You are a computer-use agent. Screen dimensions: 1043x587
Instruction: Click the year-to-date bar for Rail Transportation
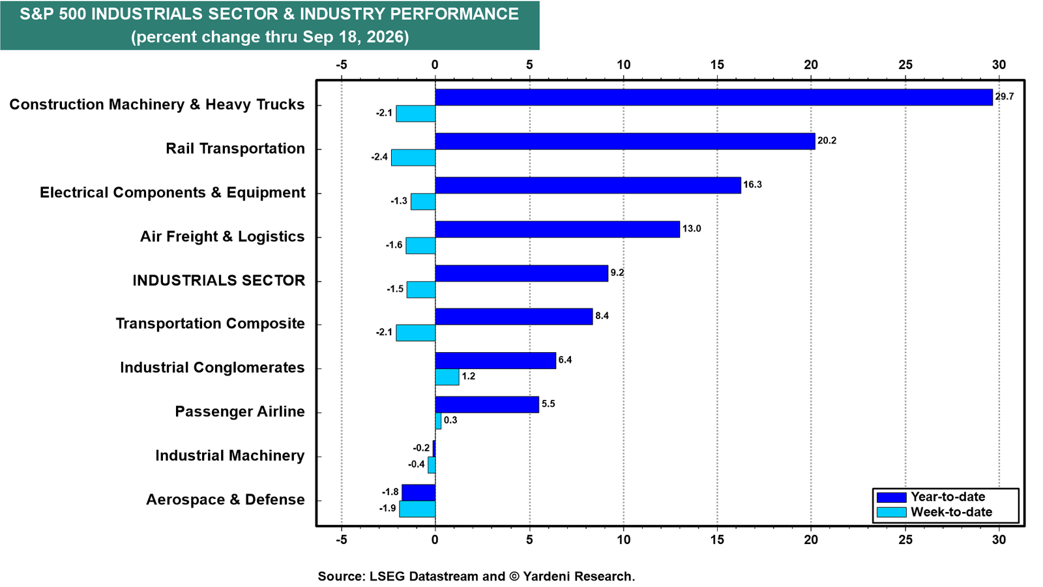pos(625,141)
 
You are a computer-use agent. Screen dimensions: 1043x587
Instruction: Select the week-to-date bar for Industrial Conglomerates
pos(447,377)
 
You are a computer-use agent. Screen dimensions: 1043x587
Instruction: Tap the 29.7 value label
pos(1005,97)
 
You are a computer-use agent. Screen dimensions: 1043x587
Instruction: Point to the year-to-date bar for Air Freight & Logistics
pos(557,229)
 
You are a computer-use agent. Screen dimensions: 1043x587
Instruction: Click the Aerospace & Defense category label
pos(226,500)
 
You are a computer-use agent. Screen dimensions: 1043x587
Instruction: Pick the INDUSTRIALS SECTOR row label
pos(219,280)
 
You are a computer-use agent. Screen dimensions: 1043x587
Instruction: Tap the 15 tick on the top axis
pos(717,65)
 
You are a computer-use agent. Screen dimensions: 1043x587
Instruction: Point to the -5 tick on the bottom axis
pos(342,540)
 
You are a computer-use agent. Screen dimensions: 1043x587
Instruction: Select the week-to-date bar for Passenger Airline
pos(438,421)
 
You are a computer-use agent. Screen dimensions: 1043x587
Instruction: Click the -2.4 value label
pos(379,157)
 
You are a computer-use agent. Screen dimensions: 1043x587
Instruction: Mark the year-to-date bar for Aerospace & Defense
pos(419,492)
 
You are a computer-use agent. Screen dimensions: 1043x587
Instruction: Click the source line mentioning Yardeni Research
pos(477,577)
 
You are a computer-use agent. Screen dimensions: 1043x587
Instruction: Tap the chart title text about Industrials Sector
pos(270,25)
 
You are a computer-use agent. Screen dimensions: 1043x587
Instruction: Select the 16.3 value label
pos(752,185)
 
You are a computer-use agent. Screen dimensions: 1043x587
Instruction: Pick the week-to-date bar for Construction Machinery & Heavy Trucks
pos(416,113)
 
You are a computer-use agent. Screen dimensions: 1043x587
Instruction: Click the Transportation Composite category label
pos(211,324)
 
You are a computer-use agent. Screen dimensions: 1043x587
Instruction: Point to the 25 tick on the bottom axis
pos(905,540)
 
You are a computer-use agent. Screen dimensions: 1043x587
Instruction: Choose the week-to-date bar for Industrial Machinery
pos(432,465)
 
